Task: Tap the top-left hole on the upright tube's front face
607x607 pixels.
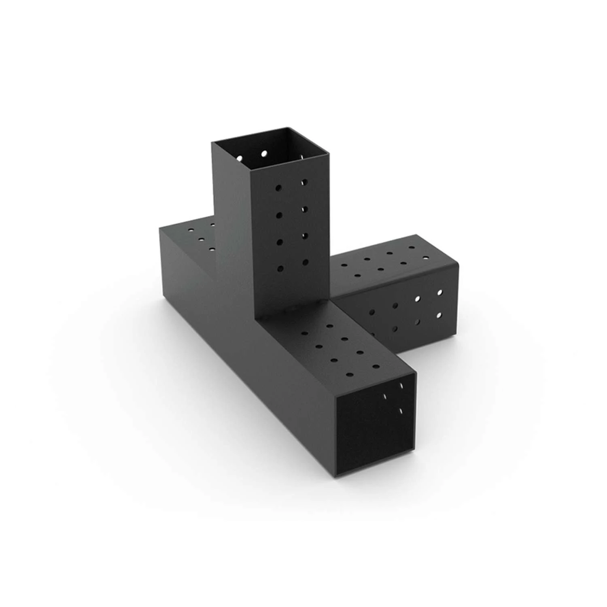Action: click(279, 188)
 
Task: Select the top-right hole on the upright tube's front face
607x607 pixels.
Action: click(304, 182)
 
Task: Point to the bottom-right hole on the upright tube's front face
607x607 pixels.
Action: click(304, 262)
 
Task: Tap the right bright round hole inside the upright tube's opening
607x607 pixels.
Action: click(265, 154)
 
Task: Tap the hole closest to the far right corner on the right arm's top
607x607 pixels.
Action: click(426, 257)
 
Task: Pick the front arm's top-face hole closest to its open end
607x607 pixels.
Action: click(376, 367)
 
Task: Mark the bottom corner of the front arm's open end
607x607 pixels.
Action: click(339, 478)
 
